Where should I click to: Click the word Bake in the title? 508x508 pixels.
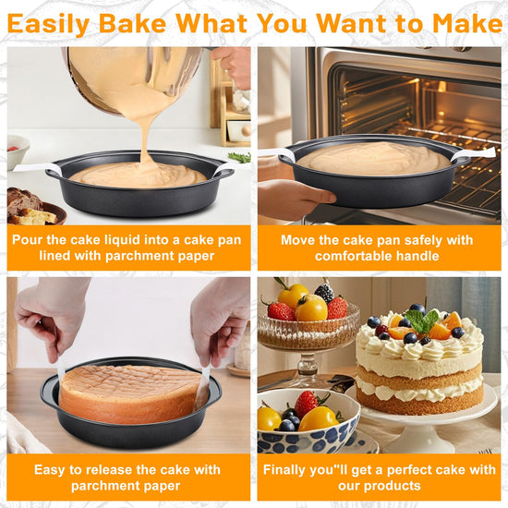(x=132, y=23)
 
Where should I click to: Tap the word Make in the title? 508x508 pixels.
(x=467, y=23)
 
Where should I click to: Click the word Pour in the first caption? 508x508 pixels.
(x=28, y=240)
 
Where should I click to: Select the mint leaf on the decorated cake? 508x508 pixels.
(x=421, y=321)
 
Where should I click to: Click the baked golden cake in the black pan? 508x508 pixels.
(x=129, y=393)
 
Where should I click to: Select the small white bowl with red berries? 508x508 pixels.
(x=17, y=151)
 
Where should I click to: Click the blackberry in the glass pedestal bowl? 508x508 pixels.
(x=324, y=293)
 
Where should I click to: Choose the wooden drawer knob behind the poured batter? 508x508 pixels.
(x=246, y=130)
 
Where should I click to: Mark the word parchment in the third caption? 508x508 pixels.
(x=103, y=486)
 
